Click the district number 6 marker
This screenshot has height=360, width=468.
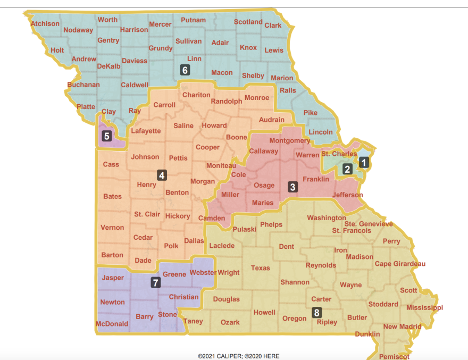(x=185, y=70)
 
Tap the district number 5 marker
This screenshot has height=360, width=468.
(x=106, y=136)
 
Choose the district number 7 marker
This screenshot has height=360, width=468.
(x=155, y=282)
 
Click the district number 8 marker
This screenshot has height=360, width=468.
(x=316, y=313)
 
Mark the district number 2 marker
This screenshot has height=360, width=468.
(x=347, y=170)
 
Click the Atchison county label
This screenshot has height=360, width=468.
(x=45, y=23)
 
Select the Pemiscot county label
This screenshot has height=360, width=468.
(x=395, y=356)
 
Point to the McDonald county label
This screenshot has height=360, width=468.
(x=112, y=324)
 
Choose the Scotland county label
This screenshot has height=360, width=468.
(x=248, y=22)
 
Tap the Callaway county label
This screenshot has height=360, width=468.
(x=264, y=151)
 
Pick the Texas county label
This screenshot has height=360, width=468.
(x=261, y=268)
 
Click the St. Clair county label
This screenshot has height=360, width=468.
(x=147, y=214)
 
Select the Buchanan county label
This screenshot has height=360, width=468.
(x=83, y=85)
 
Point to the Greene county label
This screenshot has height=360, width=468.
(x=174, y=274)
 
